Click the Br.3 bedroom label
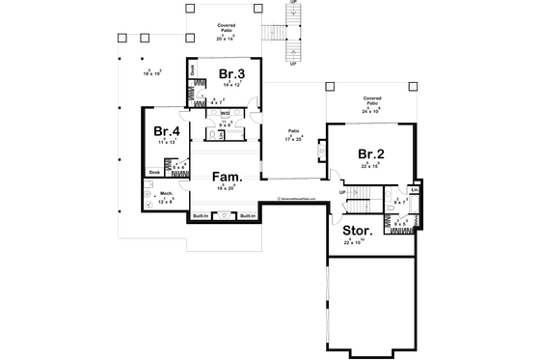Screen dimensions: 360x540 pos(230,74)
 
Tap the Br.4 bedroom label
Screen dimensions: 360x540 pos(166,132)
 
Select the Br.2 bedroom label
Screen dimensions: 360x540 pos(371,154)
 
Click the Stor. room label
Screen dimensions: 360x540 pos(358,232)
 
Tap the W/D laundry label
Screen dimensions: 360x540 pos(224,113)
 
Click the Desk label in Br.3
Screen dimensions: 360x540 pos(193,69)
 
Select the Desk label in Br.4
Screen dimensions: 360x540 pos(154,173)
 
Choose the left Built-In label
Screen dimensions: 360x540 pos(202,215)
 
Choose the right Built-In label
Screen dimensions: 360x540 pos(246,215)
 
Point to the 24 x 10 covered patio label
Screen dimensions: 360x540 pos(371,109)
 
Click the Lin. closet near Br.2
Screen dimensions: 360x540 pos(414,189)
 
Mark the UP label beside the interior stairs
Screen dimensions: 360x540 pos(341,192)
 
